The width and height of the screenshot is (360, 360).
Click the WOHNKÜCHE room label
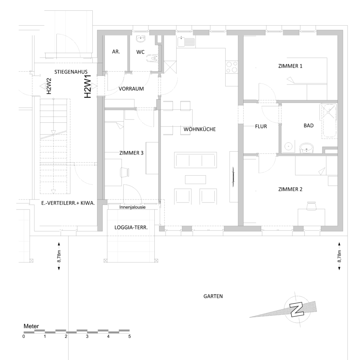(x=200, y=129)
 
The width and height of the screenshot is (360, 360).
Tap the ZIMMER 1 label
(x=290, y=66)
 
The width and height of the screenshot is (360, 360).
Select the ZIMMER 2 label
(x=290, y=189)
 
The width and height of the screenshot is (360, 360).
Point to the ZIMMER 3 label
(x=131, y=153)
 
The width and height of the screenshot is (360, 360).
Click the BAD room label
(x=308, y=126)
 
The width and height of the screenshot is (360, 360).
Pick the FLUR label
(x=261, y=126)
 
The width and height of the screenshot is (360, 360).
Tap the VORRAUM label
(x=131, y=89)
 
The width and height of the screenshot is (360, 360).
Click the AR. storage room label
(x=116, y=52)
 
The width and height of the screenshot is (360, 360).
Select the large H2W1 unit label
(x=88, y=86)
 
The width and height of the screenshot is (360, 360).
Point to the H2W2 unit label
(x=49, y=86)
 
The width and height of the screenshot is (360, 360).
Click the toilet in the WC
(x=152, y=58)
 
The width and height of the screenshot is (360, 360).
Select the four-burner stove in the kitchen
(x=232, y=67)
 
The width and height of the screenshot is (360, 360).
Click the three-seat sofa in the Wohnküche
(x=195, y=160)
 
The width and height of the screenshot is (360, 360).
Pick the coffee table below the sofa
(x=195, y=180)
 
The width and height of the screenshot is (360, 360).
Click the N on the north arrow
(x=297, y=309)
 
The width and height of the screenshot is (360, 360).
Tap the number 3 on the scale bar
(x=87, y=336)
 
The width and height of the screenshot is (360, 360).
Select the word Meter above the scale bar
(x=31, y=326)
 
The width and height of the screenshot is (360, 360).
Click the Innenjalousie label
(x=132, y=207)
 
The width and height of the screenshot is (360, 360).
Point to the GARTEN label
(x=213, y=296)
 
